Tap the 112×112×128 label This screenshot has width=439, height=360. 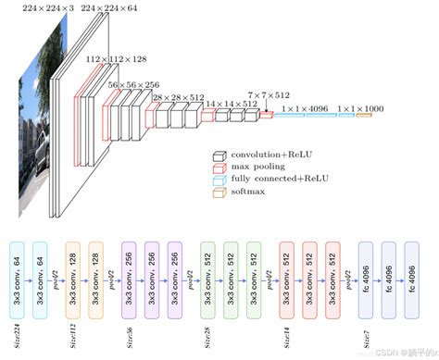click(118, 57)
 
